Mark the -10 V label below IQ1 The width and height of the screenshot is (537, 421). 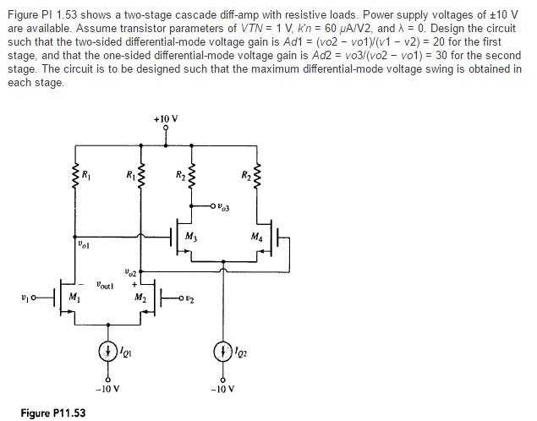coord(108,390)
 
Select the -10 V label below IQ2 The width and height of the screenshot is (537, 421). coord(225,390)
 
